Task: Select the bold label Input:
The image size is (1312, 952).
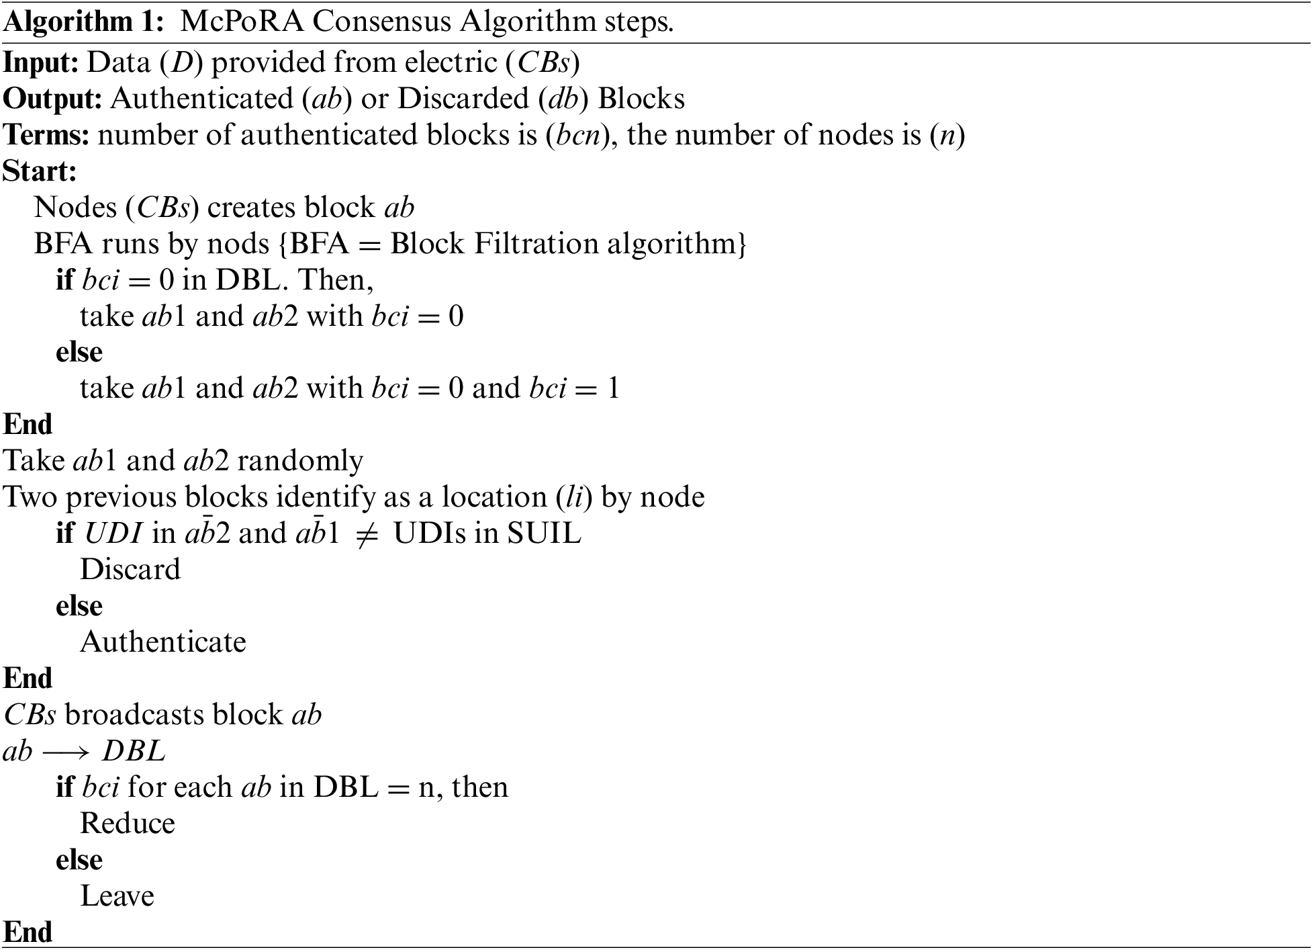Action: pyautogui.click(x=42, y=62)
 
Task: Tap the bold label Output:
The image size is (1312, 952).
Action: pyautogui.click(x=52, y=99)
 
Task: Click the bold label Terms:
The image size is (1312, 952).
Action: pyautogui.click(x=46, y=135)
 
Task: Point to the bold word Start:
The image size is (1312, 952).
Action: pyautogui.click(x=40, y=171)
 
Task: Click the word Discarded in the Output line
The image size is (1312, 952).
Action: pyautogui.click(x=463, y=99)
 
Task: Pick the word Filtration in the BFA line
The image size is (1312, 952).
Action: pyautogui.click(x=536, y=243)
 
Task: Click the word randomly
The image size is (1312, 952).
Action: pyautogui.click(x=300, y=461)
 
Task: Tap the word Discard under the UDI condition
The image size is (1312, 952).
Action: pyautogui.click(x=130, y=570)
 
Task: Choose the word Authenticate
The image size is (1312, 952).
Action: pyautogui.click(x=163, y=642)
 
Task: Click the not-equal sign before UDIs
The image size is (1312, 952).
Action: pyautogui.click(x=363, y=534)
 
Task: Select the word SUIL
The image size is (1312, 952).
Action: pyautogui.click(x=544, y=533)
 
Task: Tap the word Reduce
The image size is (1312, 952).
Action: pyautogui.click(x=128, y=824)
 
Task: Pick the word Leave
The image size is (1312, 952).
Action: pyautogui.click(x=118, y=896)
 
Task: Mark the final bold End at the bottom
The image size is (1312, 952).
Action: pyautogui.click(x=28, y=933)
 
